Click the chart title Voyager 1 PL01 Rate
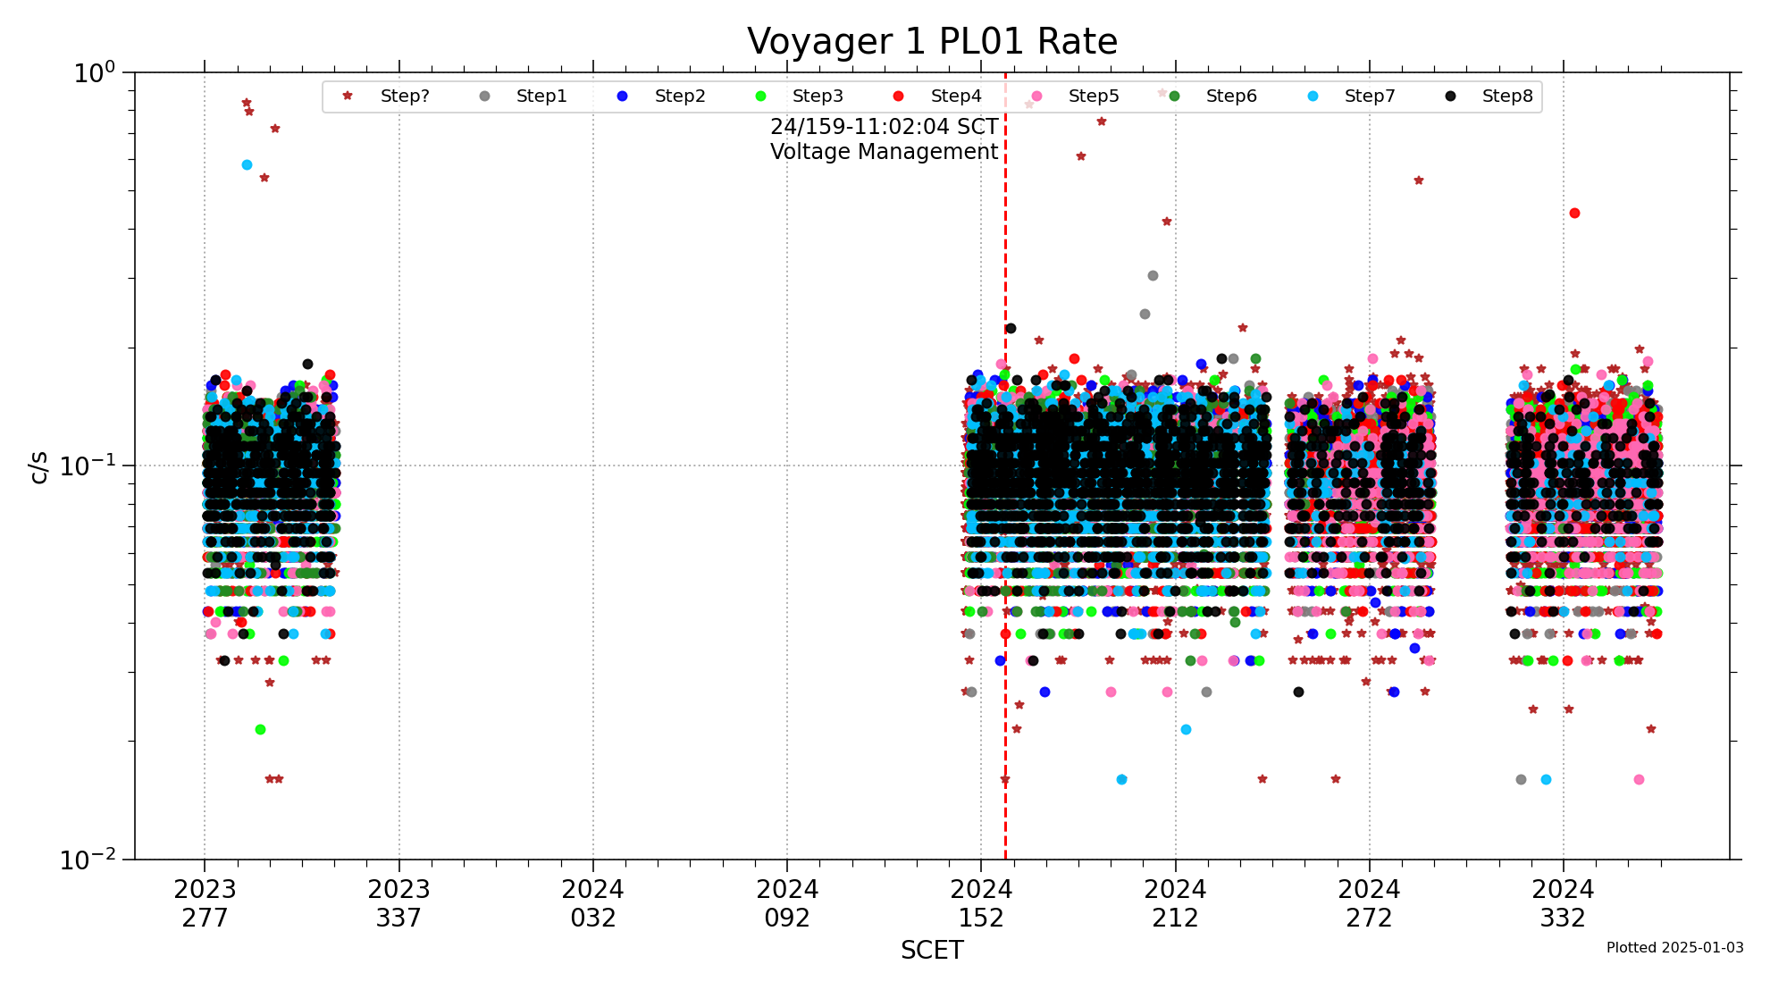tap(932, 42)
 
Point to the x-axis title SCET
tap(932, 950)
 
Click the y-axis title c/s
tap(38, 466)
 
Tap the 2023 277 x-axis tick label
tap(205, 903)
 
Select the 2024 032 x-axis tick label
tap(593, 903)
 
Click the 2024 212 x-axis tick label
tap(1175, 903)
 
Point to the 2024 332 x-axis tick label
tap(1563, 903)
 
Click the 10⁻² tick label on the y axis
tap(88, 860)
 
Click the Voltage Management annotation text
tap(884, 152)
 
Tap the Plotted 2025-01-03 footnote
tap(1674, 948)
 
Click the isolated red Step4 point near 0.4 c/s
tap(1574, 214)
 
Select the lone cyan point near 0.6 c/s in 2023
tap(247, 165)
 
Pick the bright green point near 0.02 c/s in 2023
tap(260, 730)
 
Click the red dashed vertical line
tap(1005, 536)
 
